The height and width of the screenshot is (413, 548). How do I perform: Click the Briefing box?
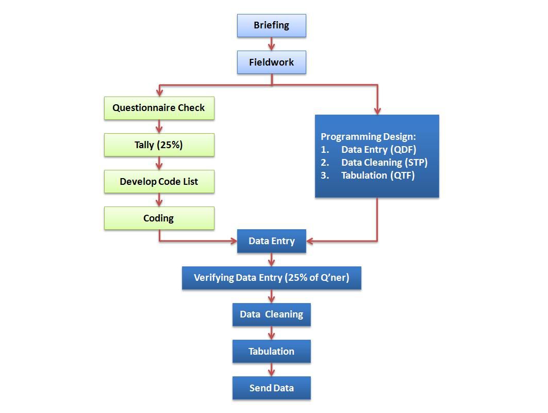click(x=271, y=25)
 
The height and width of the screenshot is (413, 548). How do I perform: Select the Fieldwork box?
click(x=271, y=62)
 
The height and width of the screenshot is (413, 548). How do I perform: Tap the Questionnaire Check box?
click(x=159, y=108)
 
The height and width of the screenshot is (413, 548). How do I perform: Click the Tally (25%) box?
click(x=159, y=145)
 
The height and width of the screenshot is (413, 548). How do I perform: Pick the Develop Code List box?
click(x=159, y=182)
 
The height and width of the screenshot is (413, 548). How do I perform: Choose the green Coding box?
click(x=159, y=218)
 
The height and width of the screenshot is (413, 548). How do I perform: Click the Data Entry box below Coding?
click(x=271, y=241)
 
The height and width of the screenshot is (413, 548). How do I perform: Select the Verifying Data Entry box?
click(x=271, y=278)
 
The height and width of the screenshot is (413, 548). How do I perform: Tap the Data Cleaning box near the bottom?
click(x=271, y=314)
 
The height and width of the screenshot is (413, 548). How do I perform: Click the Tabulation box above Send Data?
click(x=271, y=352)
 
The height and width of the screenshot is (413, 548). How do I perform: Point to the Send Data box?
click(x=271, y=388)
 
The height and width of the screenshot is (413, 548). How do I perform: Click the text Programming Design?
click(x=368, y=137)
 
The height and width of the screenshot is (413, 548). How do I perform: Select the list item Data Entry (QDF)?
click(x=378, y=150)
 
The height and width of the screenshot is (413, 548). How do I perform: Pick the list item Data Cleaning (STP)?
click(x=384, y=163)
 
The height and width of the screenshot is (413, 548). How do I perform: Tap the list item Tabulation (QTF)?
click(x=378, y=176)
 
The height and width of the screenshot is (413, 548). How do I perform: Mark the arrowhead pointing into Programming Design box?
click(x=377, y=110)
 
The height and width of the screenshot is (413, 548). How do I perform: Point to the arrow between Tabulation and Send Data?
click(x=272, y=370)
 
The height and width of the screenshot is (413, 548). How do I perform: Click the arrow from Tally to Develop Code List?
click(x=159, y=164)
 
